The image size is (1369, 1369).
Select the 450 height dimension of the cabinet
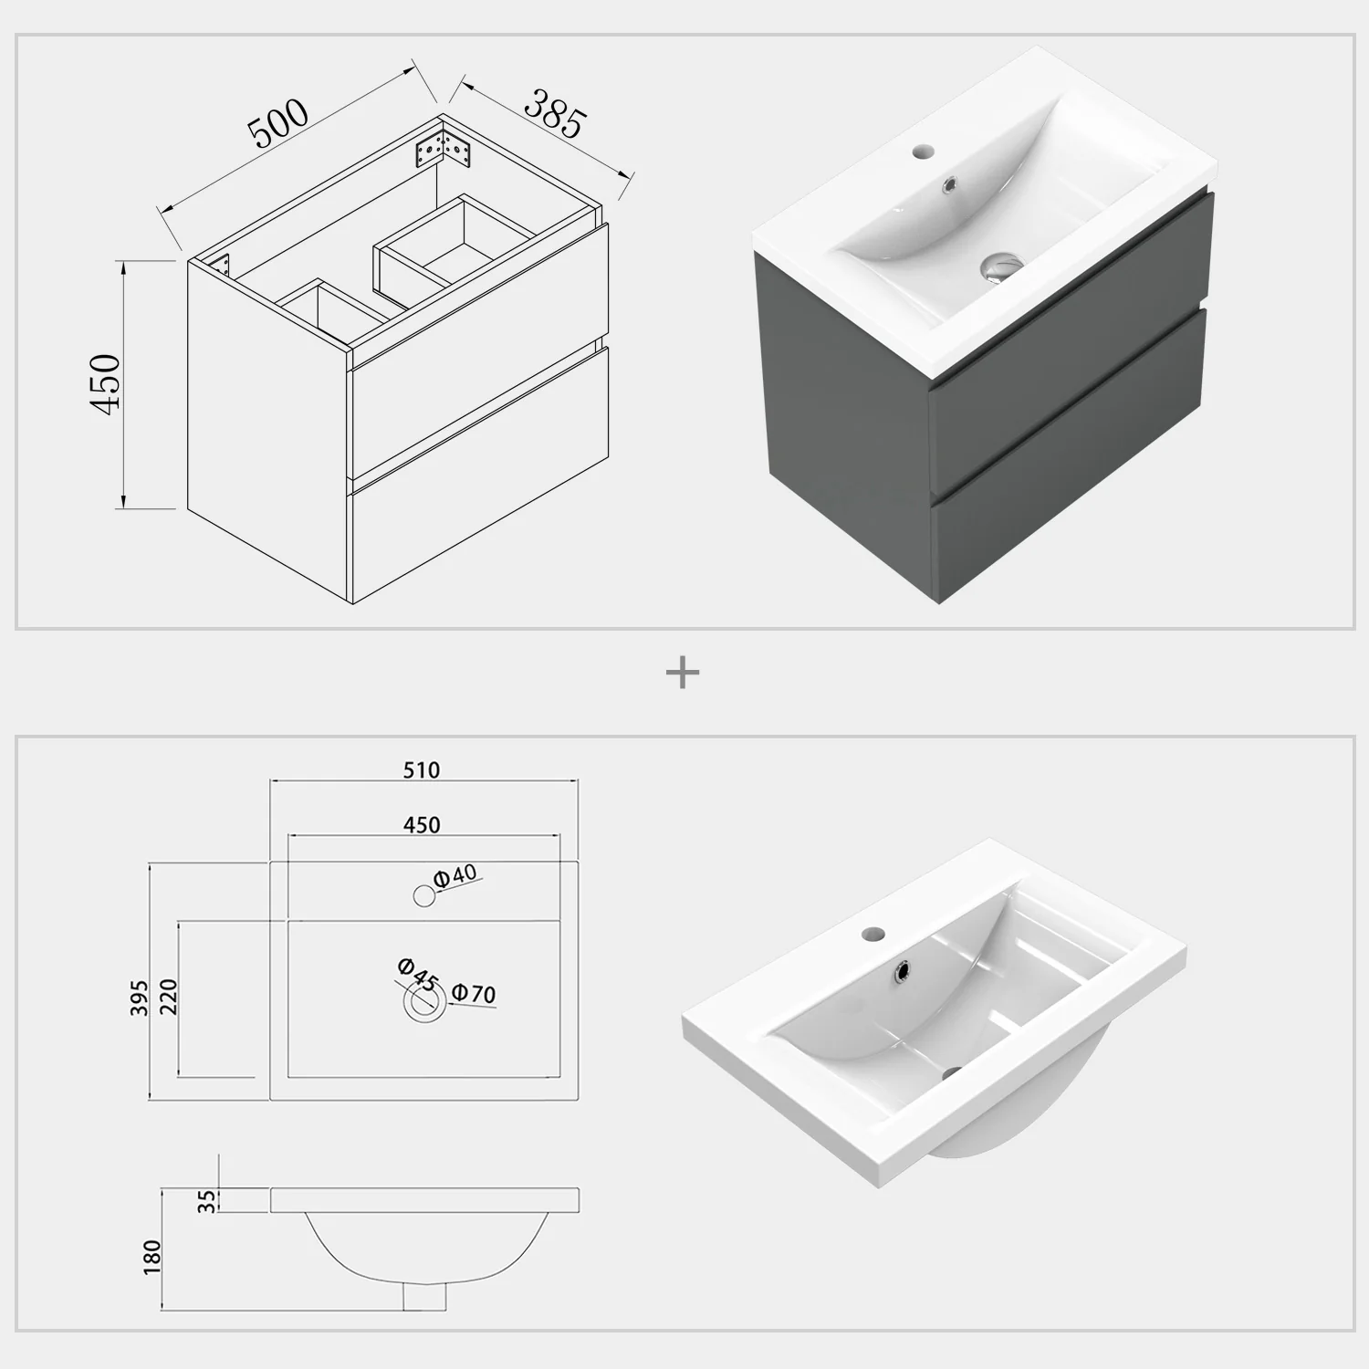[106, 383]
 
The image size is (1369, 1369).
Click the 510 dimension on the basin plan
[422, 770]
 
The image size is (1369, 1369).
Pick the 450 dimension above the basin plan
[422, 825]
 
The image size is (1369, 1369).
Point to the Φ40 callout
[455, 875]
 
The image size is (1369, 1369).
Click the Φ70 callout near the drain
[474, 993]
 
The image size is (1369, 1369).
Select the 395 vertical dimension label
[139, 999]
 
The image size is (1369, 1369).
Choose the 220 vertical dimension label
[168, 997]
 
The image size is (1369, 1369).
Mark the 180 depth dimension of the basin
[152, 1257]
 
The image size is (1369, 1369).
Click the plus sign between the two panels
[683, 674]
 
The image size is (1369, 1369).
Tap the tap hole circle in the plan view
[424, 896]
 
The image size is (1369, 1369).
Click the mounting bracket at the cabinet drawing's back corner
[442, 150]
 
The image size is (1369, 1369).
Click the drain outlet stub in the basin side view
[424, 1296]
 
